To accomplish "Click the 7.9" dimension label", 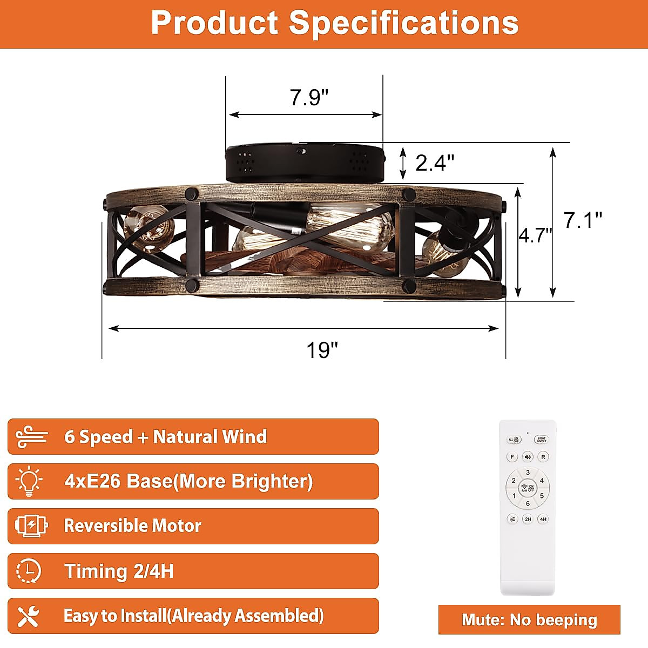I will [309, 98].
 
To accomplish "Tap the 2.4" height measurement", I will [435, 162].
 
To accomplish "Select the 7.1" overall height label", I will [583, 220].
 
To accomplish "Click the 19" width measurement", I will [322, 350].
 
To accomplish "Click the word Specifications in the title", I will [403, 23].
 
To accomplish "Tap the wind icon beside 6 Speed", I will [31, 436].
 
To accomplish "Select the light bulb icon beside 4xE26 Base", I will [29, 481].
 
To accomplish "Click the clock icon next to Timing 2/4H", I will [29, 571].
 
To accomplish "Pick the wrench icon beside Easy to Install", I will [29, 616].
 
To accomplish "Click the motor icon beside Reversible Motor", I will [31, 525].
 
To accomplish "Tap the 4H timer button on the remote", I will [543, 519].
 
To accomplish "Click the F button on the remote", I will [512, 457].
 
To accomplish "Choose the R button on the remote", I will [543, 457].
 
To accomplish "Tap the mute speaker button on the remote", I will [528, 457].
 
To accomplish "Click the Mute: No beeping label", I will [529, 619].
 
